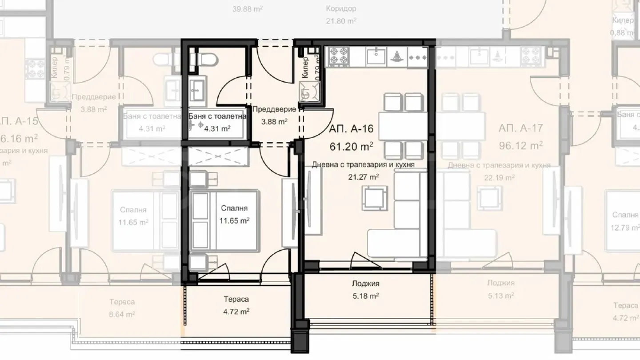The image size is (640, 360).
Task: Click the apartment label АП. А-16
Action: pyautogui.click(x=351, y=129)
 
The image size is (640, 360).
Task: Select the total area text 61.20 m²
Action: pyautogui.click(x=351, y=145)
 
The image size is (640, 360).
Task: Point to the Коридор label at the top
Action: pyautogui.click(x=341, y=8)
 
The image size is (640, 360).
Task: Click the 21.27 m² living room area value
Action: pyautogui.click(x=364, y=177)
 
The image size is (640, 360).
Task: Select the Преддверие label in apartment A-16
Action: pyautogui.click(x=274, y=109)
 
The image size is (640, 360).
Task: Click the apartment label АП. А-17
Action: pyautogui.click(x=521, y=129)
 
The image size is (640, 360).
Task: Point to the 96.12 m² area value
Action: pyautogui.click(x=521, y=145)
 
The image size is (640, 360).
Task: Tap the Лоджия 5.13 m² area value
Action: pyautogui.click(x=500, y=296)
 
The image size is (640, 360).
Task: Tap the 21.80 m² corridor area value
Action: pyautogui.click(x=341, y=21)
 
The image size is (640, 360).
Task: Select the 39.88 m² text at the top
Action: pyautogui.click(x=248, y=8)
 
